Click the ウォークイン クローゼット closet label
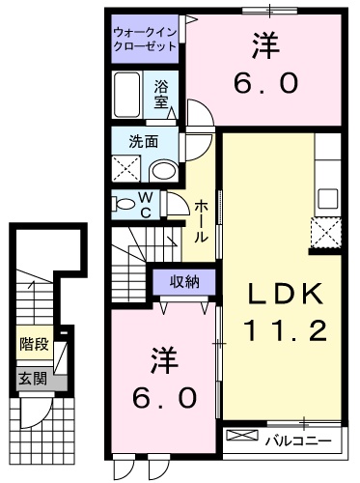point(145,38)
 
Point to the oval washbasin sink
point(162,171)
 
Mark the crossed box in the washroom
point(126,170)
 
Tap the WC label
point(146,205)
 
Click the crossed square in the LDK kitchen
point(326,233)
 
